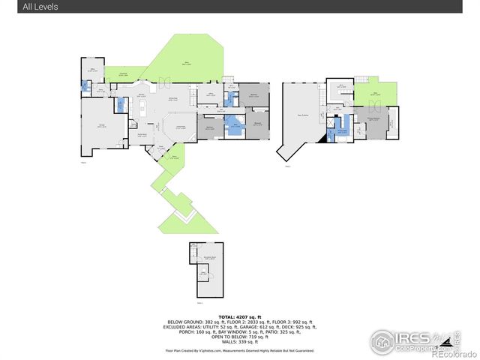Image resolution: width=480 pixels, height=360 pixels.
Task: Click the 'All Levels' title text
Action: (40, 7)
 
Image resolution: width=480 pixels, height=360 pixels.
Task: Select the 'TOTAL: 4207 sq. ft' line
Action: (239, 317)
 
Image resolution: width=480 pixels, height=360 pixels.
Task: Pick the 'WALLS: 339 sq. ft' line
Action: (239, 343)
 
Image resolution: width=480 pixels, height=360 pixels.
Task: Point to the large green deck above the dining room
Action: (184, 64)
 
